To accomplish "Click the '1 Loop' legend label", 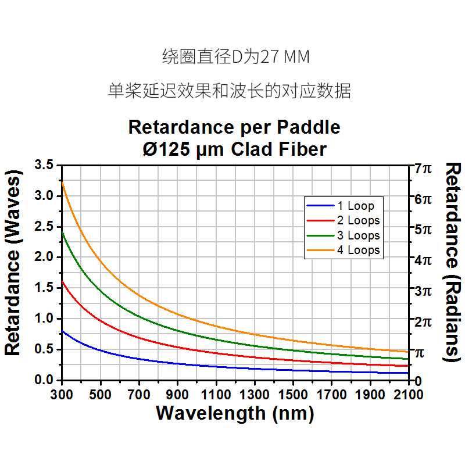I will [355, 206].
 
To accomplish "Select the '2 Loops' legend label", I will [358, 220].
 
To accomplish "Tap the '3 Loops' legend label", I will [358, 235].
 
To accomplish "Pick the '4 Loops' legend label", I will [358, 251].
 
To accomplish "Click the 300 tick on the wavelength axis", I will [62, 395].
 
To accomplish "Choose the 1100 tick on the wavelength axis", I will [216, 395].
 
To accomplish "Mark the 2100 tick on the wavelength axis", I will [409, 395].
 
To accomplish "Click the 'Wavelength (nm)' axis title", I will [235, 414].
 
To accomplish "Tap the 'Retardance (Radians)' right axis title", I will [453, 262].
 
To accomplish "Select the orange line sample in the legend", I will [319, 251].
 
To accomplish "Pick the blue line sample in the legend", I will [319, 206].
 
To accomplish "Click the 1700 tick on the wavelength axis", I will [332, 395].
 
